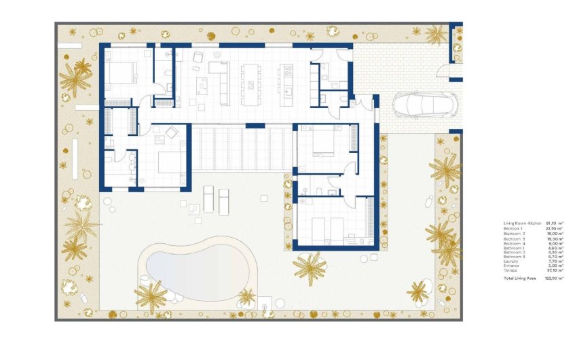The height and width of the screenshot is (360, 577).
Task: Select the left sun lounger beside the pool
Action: (208, 199)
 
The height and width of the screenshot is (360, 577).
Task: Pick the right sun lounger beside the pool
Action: (225, 199)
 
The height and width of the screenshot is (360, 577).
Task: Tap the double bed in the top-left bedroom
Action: (124, 72)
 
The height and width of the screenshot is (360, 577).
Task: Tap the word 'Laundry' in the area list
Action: (510, 261)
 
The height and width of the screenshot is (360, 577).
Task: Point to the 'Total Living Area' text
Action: (519, 279)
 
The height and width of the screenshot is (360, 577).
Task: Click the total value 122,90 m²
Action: (555, 279)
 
